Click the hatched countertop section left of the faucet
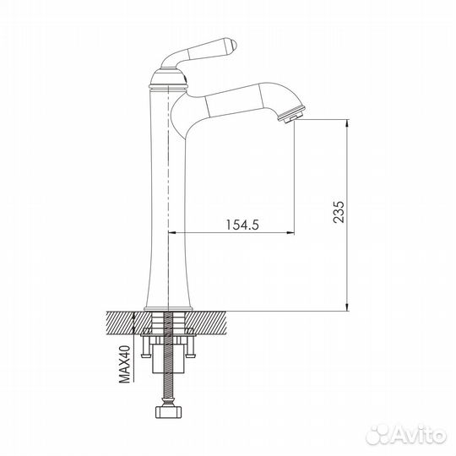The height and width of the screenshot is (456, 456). pos(122,322)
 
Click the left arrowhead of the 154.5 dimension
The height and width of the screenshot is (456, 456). pos(176,232)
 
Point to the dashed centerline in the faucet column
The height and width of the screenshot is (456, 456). pos(171,186)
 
